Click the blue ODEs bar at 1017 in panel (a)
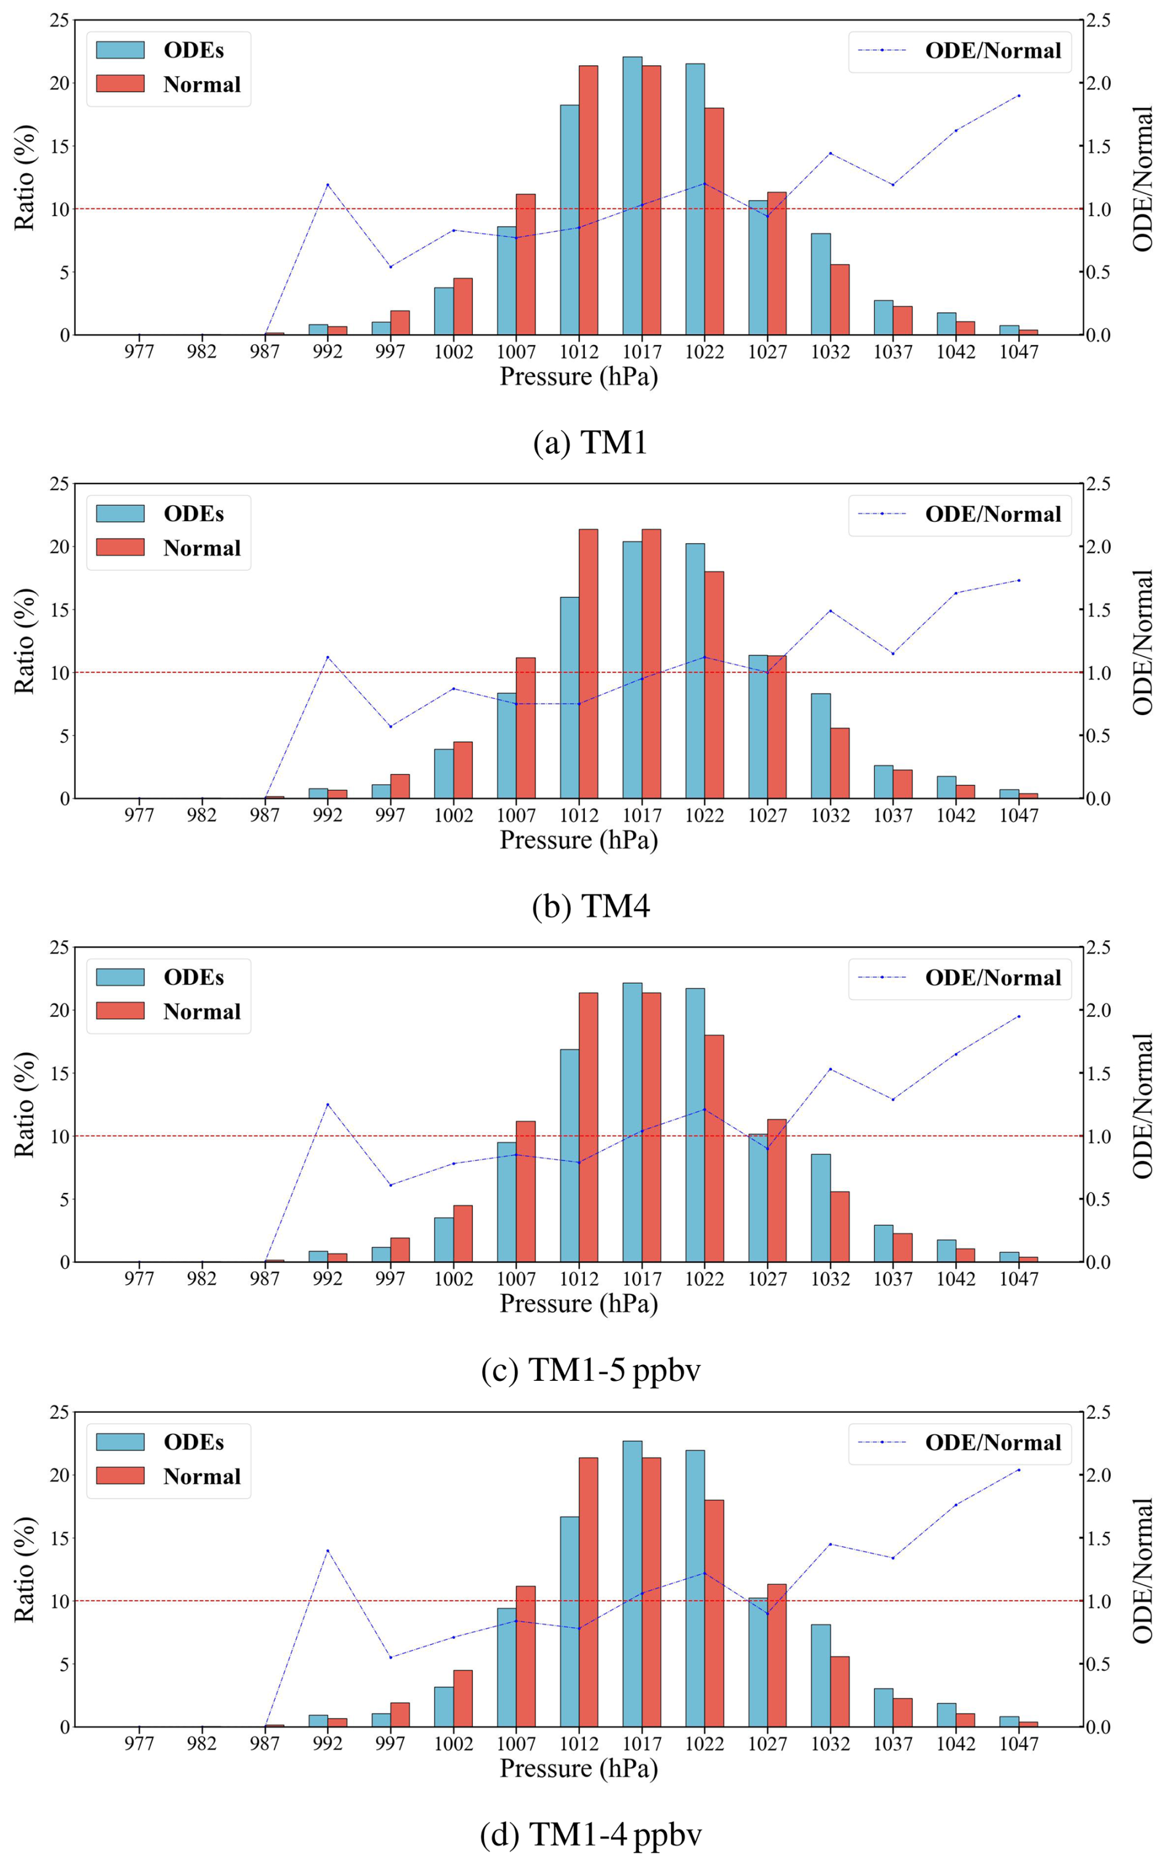(x=632, y=196)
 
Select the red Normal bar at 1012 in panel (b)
(x=588, y=663)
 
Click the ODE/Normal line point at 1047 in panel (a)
(x=1018, y=95)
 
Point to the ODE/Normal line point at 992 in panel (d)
(x=328, y=1550)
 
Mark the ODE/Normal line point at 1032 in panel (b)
(x=830, y=610)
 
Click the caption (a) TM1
(x=591, y=442)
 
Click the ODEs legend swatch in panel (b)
(x=120, y=513)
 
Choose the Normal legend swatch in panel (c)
(x=120, y=1010)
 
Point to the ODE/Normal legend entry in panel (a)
(x=960, y=51)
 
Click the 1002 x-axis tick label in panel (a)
(x=453, y=352)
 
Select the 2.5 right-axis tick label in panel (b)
(x=1098, y=485)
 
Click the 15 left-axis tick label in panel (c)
(x=59, y=1073)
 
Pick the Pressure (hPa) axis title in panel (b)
(x=579, y=840)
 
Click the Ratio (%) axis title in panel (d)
(x=25, y=1569)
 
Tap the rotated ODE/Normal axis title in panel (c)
(x=1143, y=1104)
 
